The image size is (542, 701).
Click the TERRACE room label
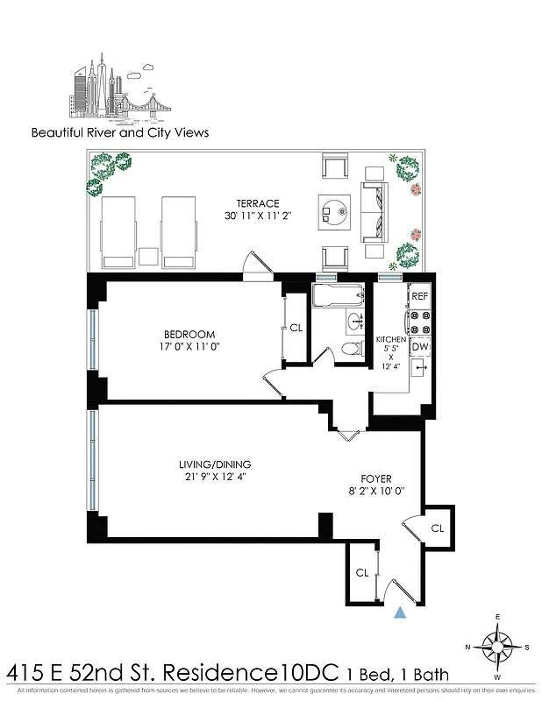(x=257, y=203)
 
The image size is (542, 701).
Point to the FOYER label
(x=375, y=478)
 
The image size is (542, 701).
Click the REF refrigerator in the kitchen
(x=419, y=297)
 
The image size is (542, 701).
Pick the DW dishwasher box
(x=419, y=347)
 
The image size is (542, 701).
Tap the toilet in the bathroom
(x=352, y=348)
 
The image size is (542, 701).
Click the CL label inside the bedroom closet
(x=296, y=329)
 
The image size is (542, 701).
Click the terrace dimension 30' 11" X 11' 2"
(x=257, y=216)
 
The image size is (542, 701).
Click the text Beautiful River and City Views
(x=120, y=133)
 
